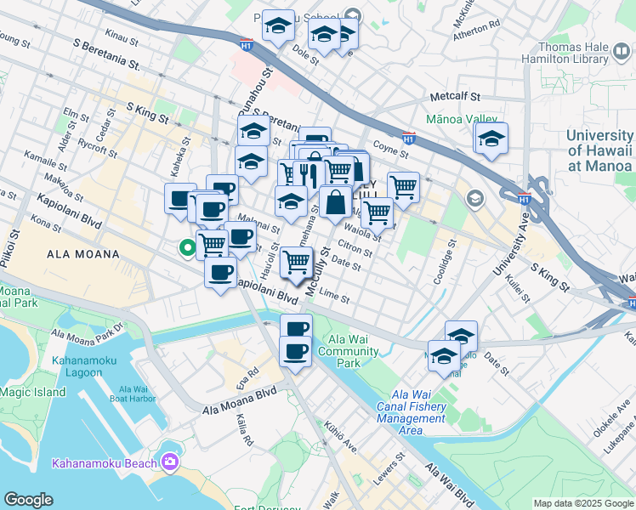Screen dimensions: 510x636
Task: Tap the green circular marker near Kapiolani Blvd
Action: [x=185, y=248]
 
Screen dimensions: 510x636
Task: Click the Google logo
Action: [x=29, y=500]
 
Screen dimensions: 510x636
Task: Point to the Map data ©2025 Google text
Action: [x=583, y=503]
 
